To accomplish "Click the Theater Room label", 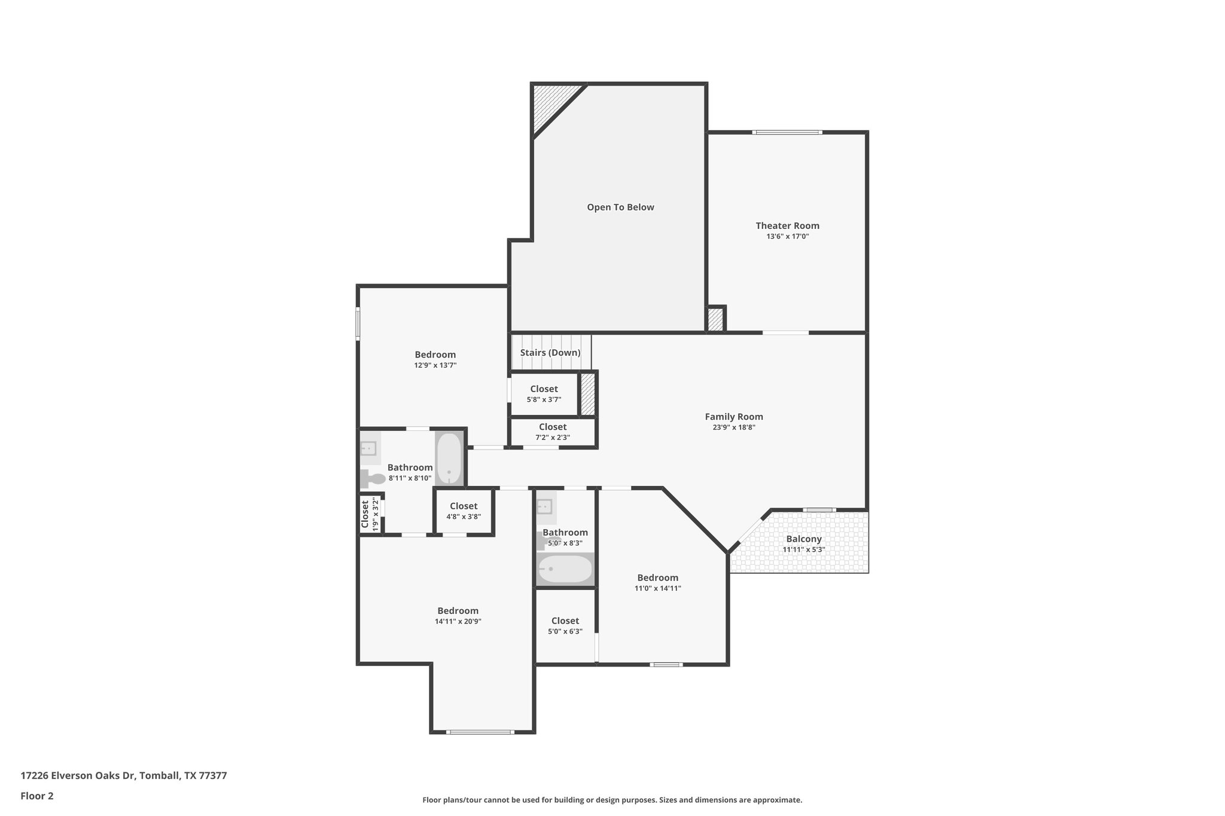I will click(x=787, y=225).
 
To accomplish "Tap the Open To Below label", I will click(x=620, y=207).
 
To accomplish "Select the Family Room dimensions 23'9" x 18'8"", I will click(x=734, y=427).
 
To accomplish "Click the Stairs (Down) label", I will click(x=550, y=353).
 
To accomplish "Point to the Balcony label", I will click(x=803, y=539).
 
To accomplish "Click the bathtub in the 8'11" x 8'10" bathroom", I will click(x=449, y=459).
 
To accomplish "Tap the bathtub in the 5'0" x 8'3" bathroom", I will click(x=564, y=569).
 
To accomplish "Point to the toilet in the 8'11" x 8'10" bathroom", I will click(x=373, y=479).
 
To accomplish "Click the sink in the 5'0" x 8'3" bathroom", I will click(x=545, y=507).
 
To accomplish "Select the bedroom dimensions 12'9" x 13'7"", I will click(x=435, y=365).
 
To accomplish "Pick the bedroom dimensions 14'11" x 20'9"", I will click(x=458, y=621).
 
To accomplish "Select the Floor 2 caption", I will click(x=37, y=796).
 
